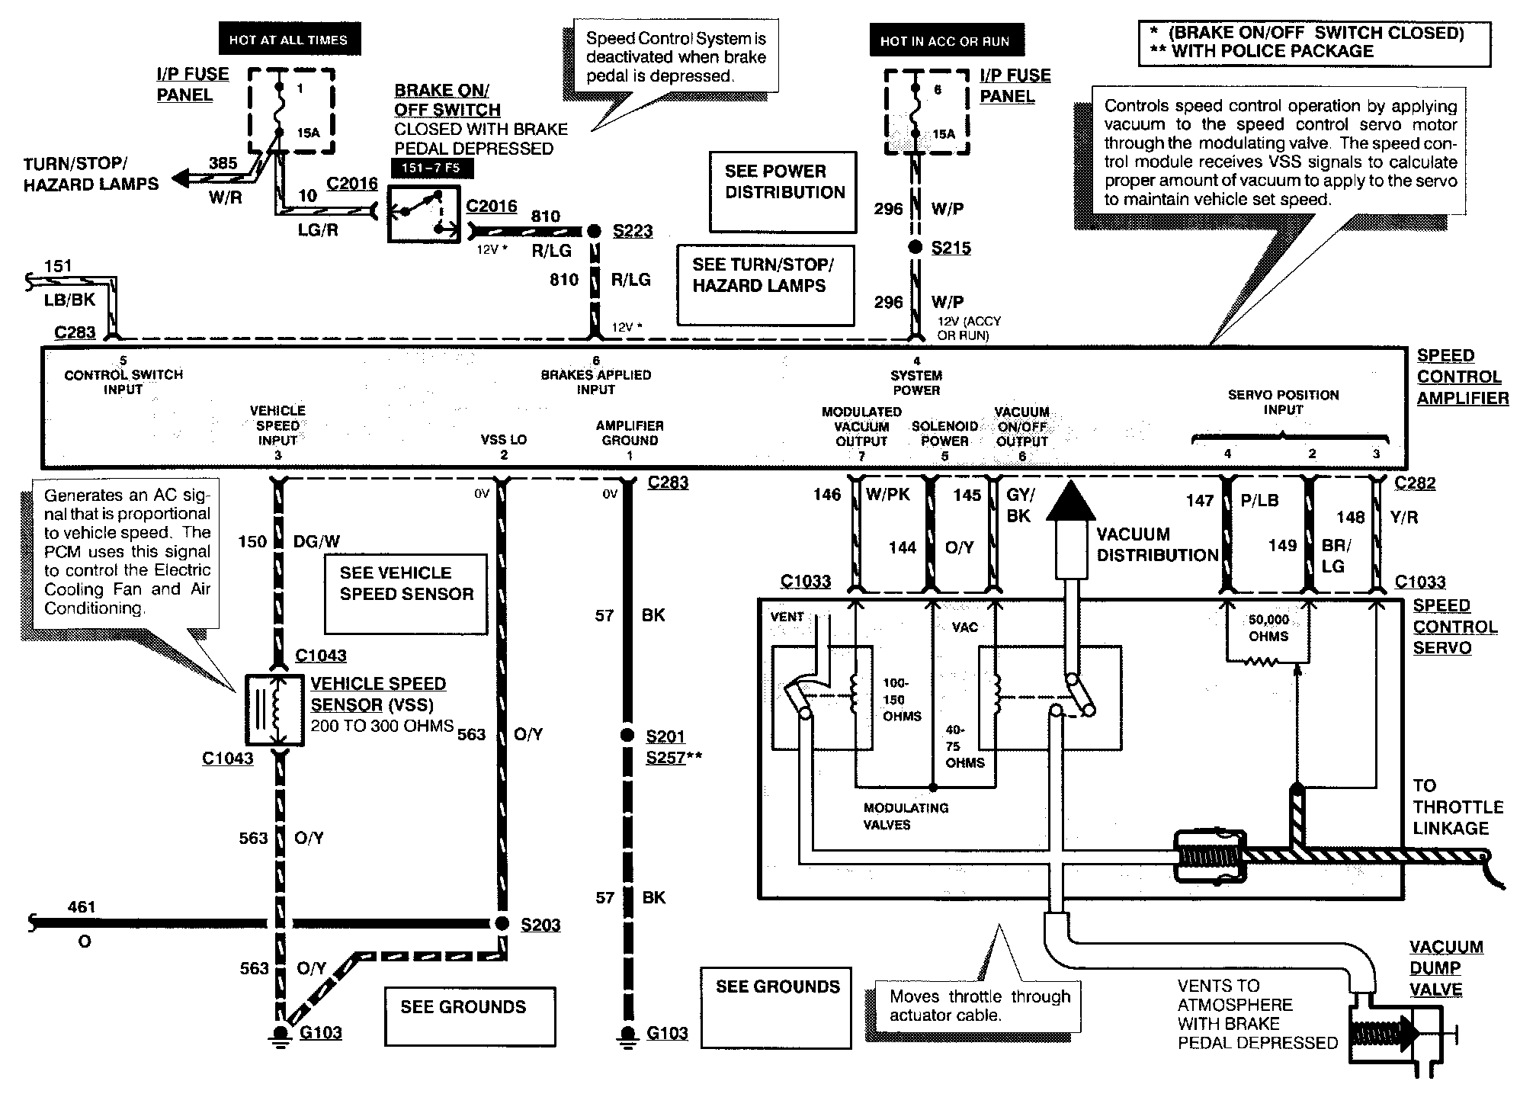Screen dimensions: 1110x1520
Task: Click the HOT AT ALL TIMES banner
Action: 287,40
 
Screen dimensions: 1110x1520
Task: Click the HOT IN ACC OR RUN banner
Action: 944,41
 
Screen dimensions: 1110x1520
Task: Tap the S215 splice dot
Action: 916,247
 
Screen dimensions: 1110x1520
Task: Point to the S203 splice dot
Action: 502,923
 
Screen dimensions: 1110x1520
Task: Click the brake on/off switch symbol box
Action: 423,213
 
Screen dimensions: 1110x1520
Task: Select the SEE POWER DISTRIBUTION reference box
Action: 784,191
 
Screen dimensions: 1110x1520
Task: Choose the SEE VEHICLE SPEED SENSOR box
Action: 406,593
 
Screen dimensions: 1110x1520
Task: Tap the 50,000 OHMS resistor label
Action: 1268,628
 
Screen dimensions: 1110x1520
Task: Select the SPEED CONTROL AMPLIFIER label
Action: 1462,377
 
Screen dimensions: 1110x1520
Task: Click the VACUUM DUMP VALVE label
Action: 1446,968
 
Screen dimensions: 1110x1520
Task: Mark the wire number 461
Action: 82,907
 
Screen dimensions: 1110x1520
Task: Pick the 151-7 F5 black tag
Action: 431,168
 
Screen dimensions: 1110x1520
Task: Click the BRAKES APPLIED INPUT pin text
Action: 595,382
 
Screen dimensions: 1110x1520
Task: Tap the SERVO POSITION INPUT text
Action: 1283,402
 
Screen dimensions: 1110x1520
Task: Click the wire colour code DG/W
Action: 316,541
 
